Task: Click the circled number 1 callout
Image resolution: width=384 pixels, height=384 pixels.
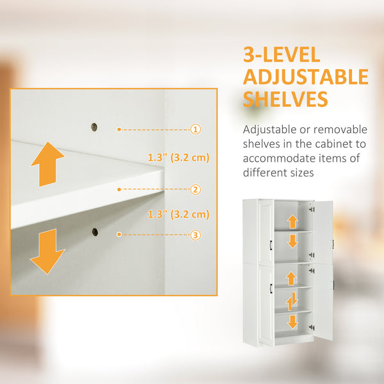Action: [x=196, y=129]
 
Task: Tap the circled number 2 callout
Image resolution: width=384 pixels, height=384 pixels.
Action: [x=196, y=189]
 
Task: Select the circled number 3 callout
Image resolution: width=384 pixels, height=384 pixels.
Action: [x=196, y=235]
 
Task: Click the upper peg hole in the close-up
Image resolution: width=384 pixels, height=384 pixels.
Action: [x=95, y=127]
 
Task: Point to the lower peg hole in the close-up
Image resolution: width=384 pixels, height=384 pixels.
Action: [x=95, y=232]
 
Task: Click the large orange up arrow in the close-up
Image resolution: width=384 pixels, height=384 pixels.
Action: [x=47, y=164]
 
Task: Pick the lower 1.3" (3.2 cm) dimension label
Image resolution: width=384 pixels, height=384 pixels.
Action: [x=179, y=214]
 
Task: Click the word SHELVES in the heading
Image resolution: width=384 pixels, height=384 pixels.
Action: [x=285, y=99]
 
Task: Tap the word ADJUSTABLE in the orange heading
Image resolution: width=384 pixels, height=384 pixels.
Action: [x=305, y=77]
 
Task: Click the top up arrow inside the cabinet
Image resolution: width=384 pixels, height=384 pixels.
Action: [x=292, y=221]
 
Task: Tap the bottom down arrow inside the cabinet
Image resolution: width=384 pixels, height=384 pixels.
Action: [x=292, y=321]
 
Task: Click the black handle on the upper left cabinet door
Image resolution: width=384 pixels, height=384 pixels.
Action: [x=272, y=246]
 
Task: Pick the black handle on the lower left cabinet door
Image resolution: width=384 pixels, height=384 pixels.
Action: [x=272, y=289]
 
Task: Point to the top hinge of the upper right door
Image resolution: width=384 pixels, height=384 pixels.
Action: [x=312, y=207]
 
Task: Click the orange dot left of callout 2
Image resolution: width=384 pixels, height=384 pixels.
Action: [x=119, y=189]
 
